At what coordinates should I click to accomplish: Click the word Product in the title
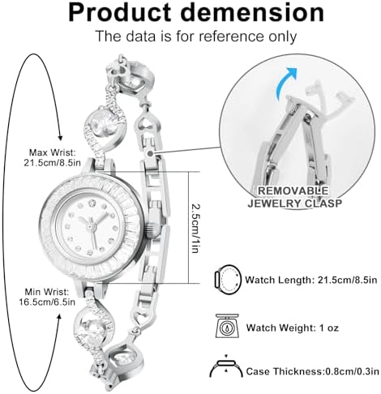click(119, 12)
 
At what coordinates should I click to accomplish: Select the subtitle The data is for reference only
click(196, 36)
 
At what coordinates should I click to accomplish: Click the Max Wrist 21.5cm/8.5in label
click(52, 158)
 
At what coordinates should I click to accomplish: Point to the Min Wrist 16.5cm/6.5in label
click(47, 297)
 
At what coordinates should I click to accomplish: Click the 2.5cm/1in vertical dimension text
click(195, 229)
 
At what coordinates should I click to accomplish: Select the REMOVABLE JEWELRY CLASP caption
click(294, 197)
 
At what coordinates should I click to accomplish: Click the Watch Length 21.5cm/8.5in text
click(310, 280)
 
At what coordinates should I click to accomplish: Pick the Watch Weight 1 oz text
click(292, 328)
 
